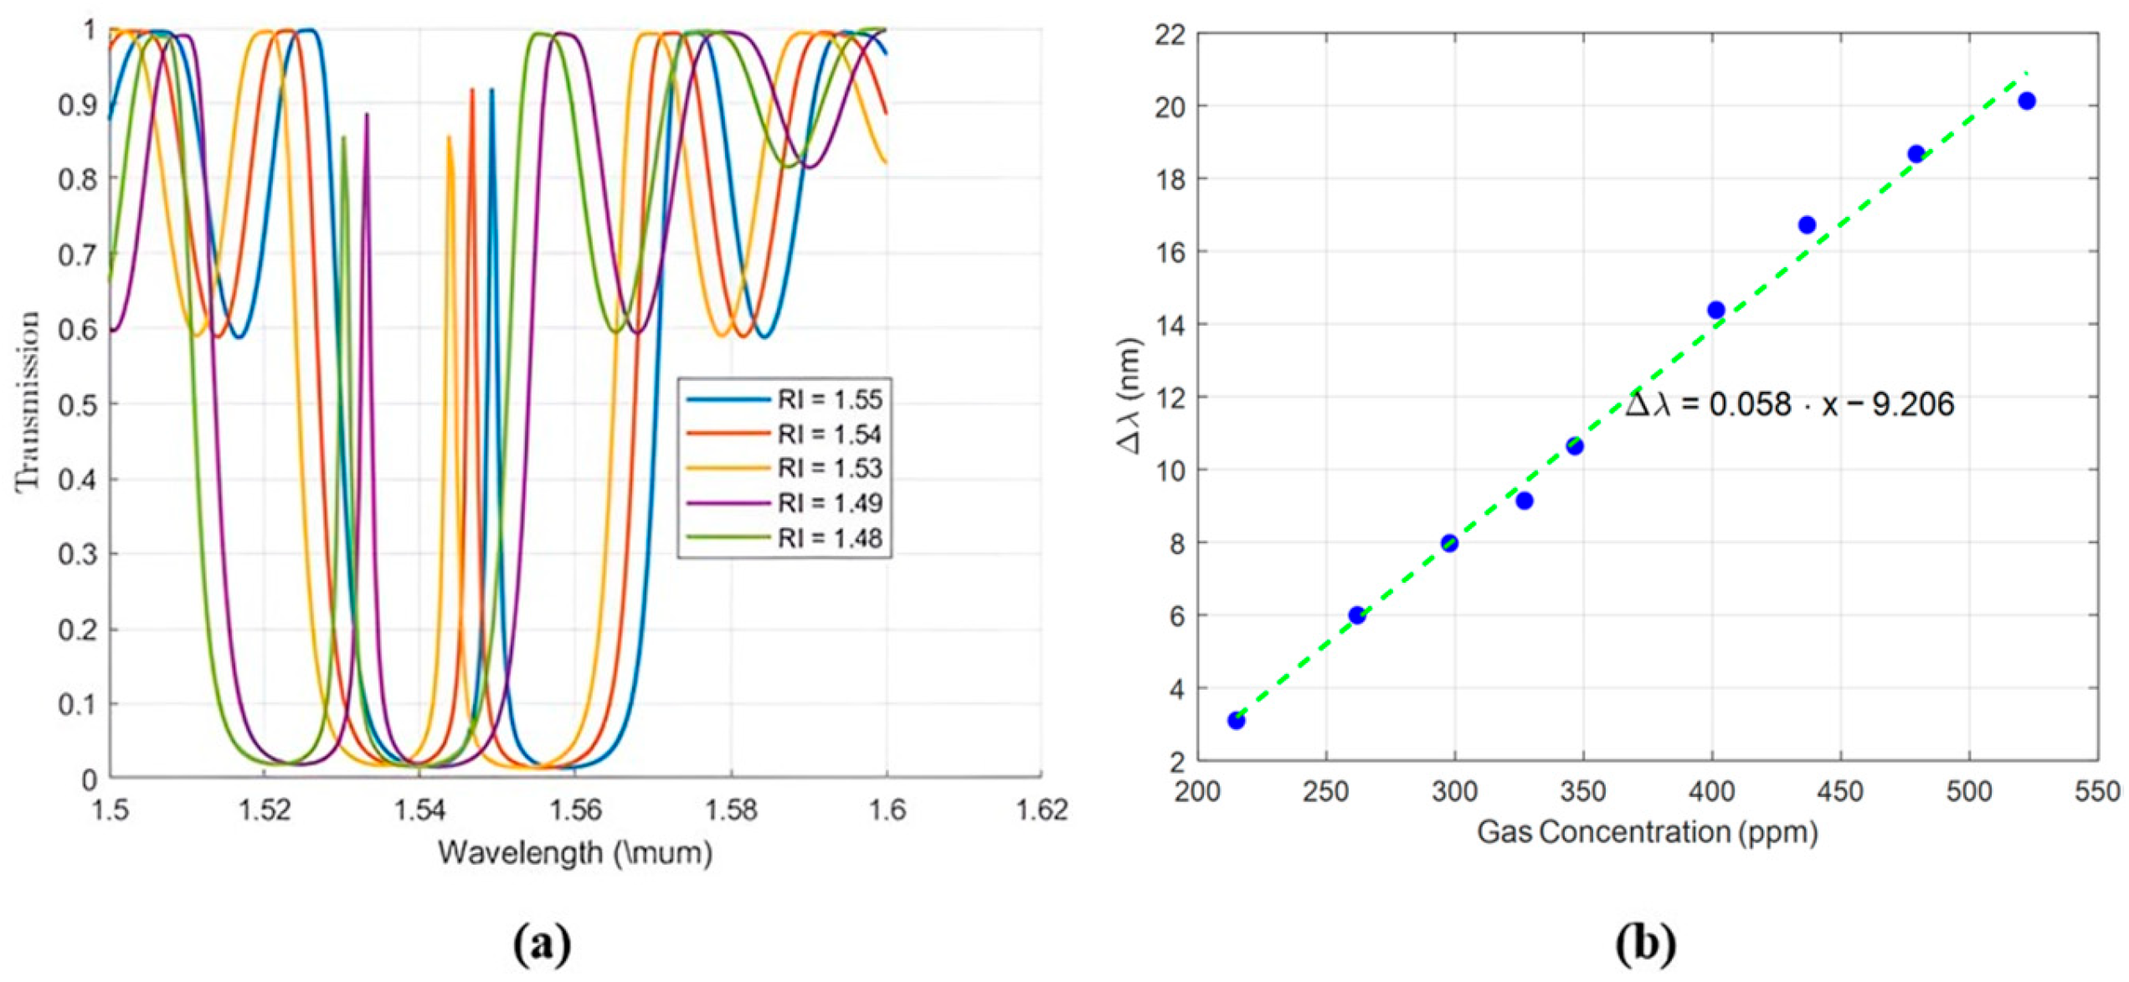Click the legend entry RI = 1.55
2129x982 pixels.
[829, 399]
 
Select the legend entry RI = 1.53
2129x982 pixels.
[829, 469]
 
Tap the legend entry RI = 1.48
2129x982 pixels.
[829, 538]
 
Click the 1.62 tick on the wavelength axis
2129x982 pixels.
[1041, 810]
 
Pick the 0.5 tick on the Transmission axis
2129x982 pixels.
[78, 404]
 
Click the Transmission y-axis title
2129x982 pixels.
[28, 402]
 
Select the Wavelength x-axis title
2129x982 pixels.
[575, 853]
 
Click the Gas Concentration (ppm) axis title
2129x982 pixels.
[1647, 832]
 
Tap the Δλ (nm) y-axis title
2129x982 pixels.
[1130, 396]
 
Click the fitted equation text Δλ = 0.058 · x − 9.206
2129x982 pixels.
[1789, 404]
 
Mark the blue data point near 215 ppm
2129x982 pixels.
[1237, 720]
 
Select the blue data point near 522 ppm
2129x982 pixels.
[2027, 101]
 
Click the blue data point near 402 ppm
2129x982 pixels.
[1715, 311]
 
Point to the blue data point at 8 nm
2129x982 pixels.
[1449, 543]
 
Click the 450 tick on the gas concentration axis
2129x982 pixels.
[1840, 790]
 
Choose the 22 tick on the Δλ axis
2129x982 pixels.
[1170, 34]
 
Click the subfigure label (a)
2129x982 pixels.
[542, 943]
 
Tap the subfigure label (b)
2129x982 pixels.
[1645, 943]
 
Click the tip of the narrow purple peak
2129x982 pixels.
[367, 115]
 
